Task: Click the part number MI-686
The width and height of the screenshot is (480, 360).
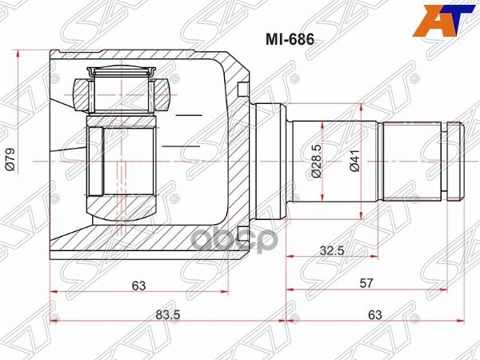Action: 290,39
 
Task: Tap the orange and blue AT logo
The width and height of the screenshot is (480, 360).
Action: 443,21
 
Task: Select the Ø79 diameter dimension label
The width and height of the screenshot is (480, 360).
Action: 10,159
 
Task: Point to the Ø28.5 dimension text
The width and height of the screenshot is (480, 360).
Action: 316,161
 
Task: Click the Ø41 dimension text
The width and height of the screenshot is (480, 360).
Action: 355,161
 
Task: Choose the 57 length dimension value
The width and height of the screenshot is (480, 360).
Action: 366,283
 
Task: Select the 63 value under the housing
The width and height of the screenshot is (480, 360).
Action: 138,286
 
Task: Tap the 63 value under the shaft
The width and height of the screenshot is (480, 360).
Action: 375,314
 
